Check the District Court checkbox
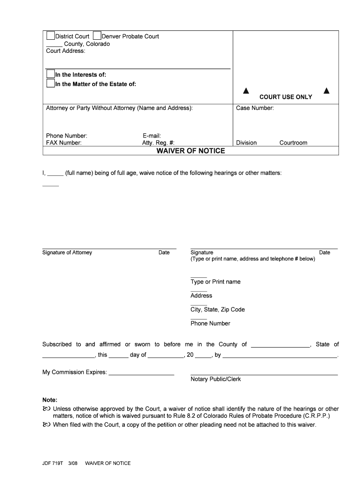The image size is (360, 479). (x=50, y=36)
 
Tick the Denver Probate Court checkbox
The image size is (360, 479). (x=97, y=36)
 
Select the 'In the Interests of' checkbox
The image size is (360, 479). (x=50, y=74)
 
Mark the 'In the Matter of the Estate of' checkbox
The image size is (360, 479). (x=50, y=84)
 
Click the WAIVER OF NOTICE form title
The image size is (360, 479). (x=190, y=151)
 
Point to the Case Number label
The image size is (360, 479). (x=255, y=108)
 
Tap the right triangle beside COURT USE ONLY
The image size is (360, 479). (x=326, y=91)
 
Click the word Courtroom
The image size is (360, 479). (x=293, y=143)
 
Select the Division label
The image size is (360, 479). (x=246, y=143)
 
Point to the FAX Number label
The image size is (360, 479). (x=64, y=143)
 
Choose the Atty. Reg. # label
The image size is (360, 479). (x=158, y=143)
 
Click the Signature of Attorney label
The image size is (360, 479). (x=67, y=253)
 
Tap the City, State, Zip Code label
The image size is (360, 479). (x=217, y=310)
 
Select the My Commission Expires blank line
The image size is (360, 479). (x=141, y=374)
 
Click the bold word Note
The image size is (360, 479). (x=50, y=400)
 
